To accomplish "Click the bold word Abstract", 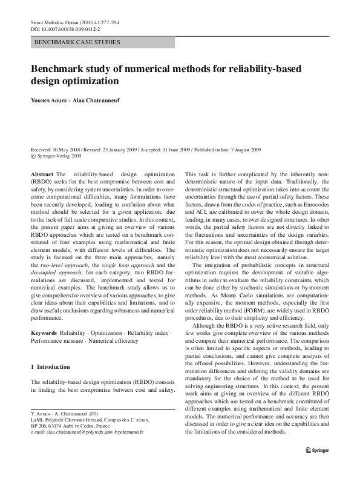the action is (x=39, y=173).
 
